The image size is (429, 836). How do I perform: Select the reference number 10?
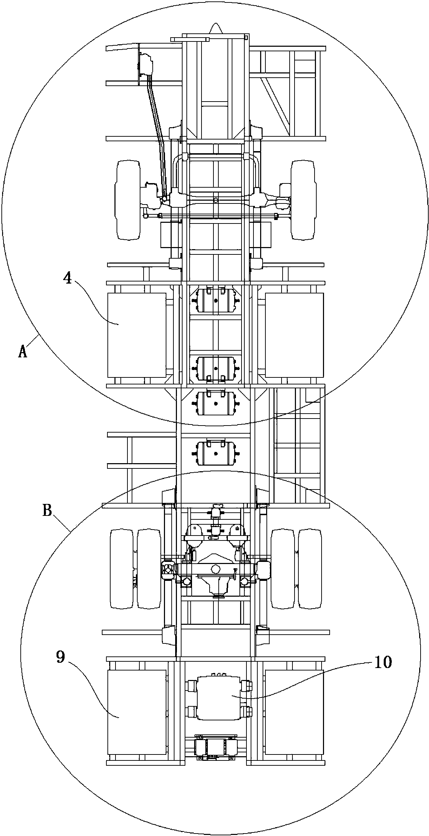pyautogui.click(x=382, y=663)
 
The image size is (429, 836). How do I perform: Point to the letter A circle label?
pyautogui.click(x=23, y=351)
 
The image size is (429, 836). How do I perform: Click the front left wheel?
pyautogui.click(x=128, y=200)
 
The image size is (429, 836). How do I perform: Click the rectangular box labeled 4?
pyautogui.click(x=137, y=335)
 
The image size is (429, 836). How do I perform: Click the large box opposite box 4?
pyautogui.click(x=294, y=335)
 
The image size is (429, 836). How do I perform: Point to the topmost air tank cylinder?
pyautogui.click(x=216, y=300)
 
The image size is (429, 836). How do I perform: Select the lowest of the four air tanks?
pyautogui.click(x=216, y=454)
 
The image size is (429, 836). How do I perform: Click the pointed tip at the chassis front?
pyautogui.click(x=216, y=28)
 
